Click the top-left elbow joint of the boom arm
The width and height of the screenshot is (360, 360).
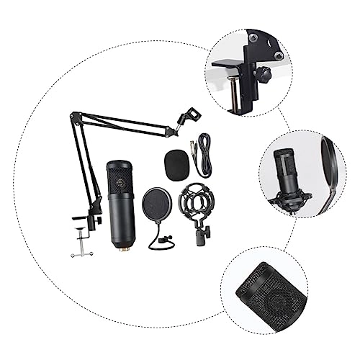coord(74,114)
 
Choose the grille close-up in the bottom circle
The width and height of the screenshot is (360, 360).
coord(260,294)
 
